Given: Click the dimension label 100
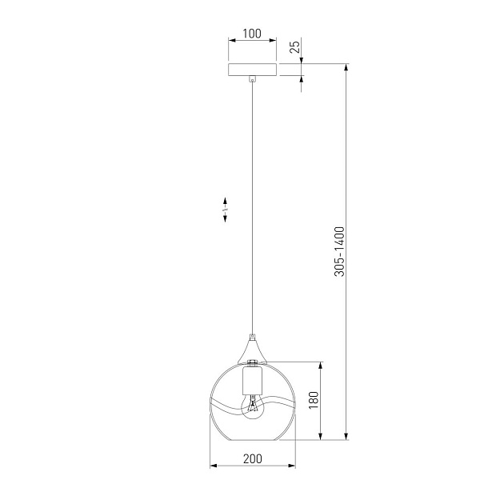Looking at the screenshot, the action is point(252,34).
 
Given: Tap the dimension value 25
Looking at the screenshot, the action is point(294,46).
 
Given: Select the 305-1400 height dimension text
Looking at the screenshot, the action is point(339,252).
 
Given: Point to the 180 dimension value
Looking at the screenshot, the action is point(314,400).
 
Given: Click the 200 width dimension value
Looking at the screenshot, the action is point(252,458).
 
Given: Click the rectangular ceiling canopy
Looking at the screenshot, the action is point(252,70).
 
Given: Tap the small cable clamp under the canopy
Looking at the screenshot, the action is point(253,78).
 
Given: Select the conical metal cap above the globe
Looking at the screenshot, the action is point(252,350).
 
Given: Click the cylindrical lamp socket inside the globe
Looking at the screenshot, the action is point(252,382).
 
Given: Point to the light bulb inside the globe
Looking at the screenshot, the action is point(253,407).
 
